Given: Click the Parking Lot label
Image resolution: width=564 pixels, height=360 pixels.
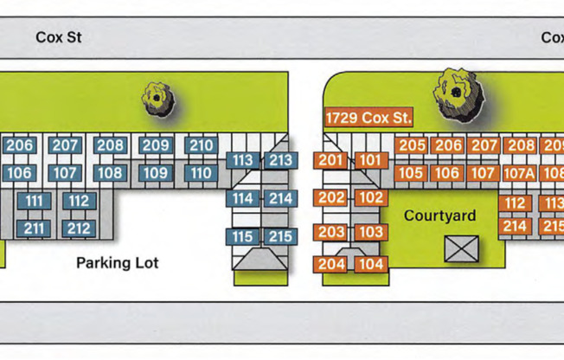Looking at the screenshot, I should pyautogui.click(x=118, y=262).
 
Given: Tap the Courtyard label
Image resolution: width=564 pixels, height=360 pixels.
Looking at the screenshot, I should pyautogui.click(x=439, y=215).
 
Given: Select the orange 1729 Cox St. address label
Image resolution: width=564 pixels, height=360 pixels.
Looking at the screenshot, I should pyautogui.click(x=369, y=118).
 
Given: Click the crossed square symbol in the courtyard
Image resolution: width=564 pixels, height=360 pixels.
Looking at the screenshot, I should pyautogui.click(x=456, y=249).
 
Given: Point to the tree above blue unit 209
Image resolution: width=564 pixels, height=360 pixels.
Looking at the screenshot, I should pyautogui.click(x=157, y=98).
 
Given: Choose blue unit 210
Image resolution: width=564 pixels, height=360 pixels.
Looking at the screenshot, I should pyautogui.click(x=201, y=145).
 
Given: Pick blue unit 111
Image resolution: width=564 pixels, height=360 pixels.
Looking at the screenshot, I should pyautogui.click(x=35, y=202).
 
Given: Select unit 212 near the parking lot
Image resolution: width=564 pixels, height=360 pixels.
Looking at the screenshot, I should pyautogui.click(x=79, y=228).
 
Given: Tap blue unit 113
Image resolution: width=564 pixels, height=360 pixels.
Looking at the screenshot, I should pyautogui.click(x=243, y=160).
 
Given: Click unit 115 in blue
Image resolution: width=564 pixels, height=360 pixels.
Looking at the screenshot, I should pyautogui.click(x=243, y=236).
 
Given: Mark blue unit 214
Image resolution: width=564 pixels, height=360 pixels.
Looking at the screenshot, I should pyautogui.click(x=280, y=198).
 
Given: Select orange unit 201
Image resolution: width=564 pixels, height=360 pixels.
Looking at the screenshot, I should pyautogui.click(x=331, y=160).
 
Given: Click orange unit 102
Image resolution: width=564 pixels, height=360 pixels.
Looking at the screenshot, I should pyautogui.click(x=370, y=197).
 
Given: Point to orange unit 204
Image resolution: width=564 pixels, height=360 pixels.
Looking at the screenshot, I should pyautogui.click(x=331, y=264).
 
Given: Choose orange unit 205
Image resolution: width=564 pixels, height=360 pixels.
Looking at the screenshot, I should pyautogui.click(x=412, y=145).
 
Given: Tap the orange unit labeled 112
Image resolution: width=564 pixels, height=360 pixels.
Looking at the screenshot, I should pyautogui.click(x=516, y=203).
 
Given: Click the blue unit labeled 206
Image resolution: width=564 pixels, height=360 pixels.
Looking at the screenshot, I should pyautogui.click(x=19, y=145).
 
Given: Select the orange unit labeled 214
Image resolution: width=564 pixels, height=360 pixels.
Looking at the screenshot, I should pyautogui.click(x=516, y=226).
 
